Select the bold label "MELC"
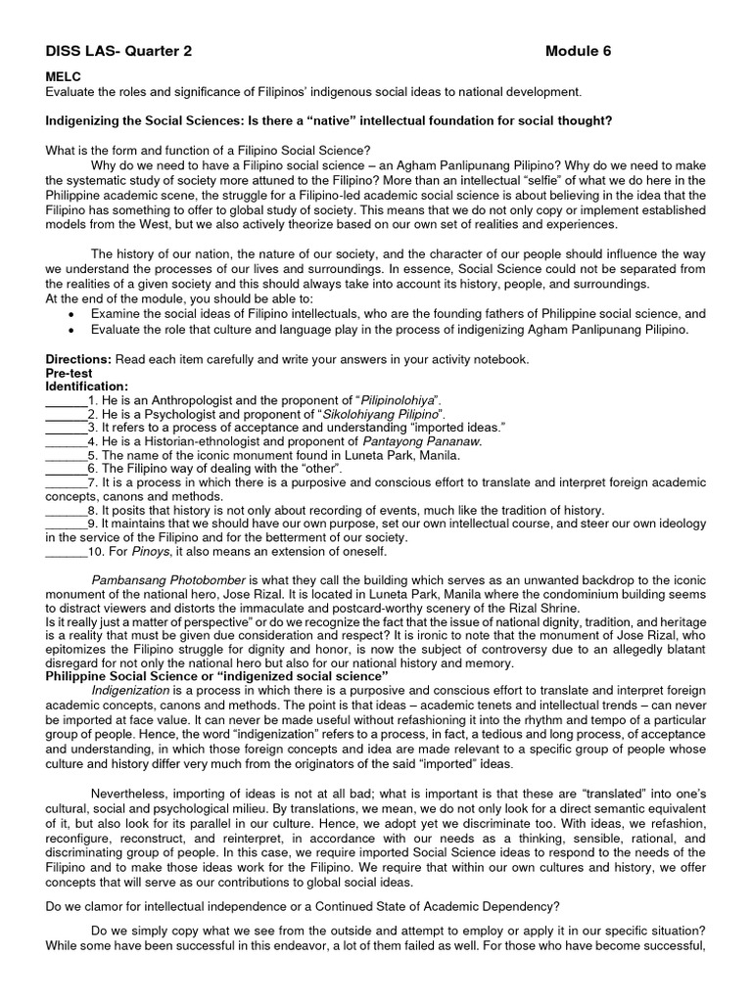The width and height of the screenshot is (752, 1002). coord(64,75)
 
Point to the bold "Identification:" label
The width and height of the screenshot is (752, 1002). coord(87,387)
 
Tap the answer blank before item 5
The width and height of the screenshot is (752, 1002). coord(66,455)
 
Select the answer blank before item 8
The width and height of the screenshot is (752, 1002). coord(66,510)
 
